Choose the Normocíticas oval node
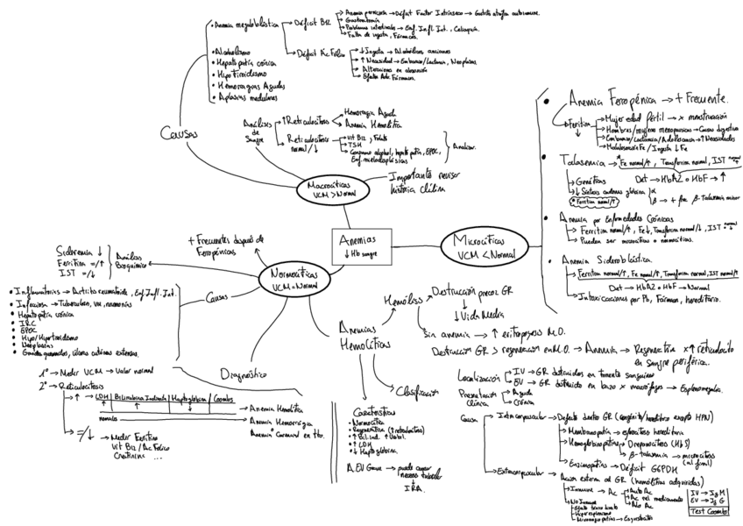click(x=294, y=280)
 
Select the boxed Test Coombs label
click(x=710, y=509)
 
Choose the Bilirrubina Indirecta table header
click(x=138, y=398)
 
